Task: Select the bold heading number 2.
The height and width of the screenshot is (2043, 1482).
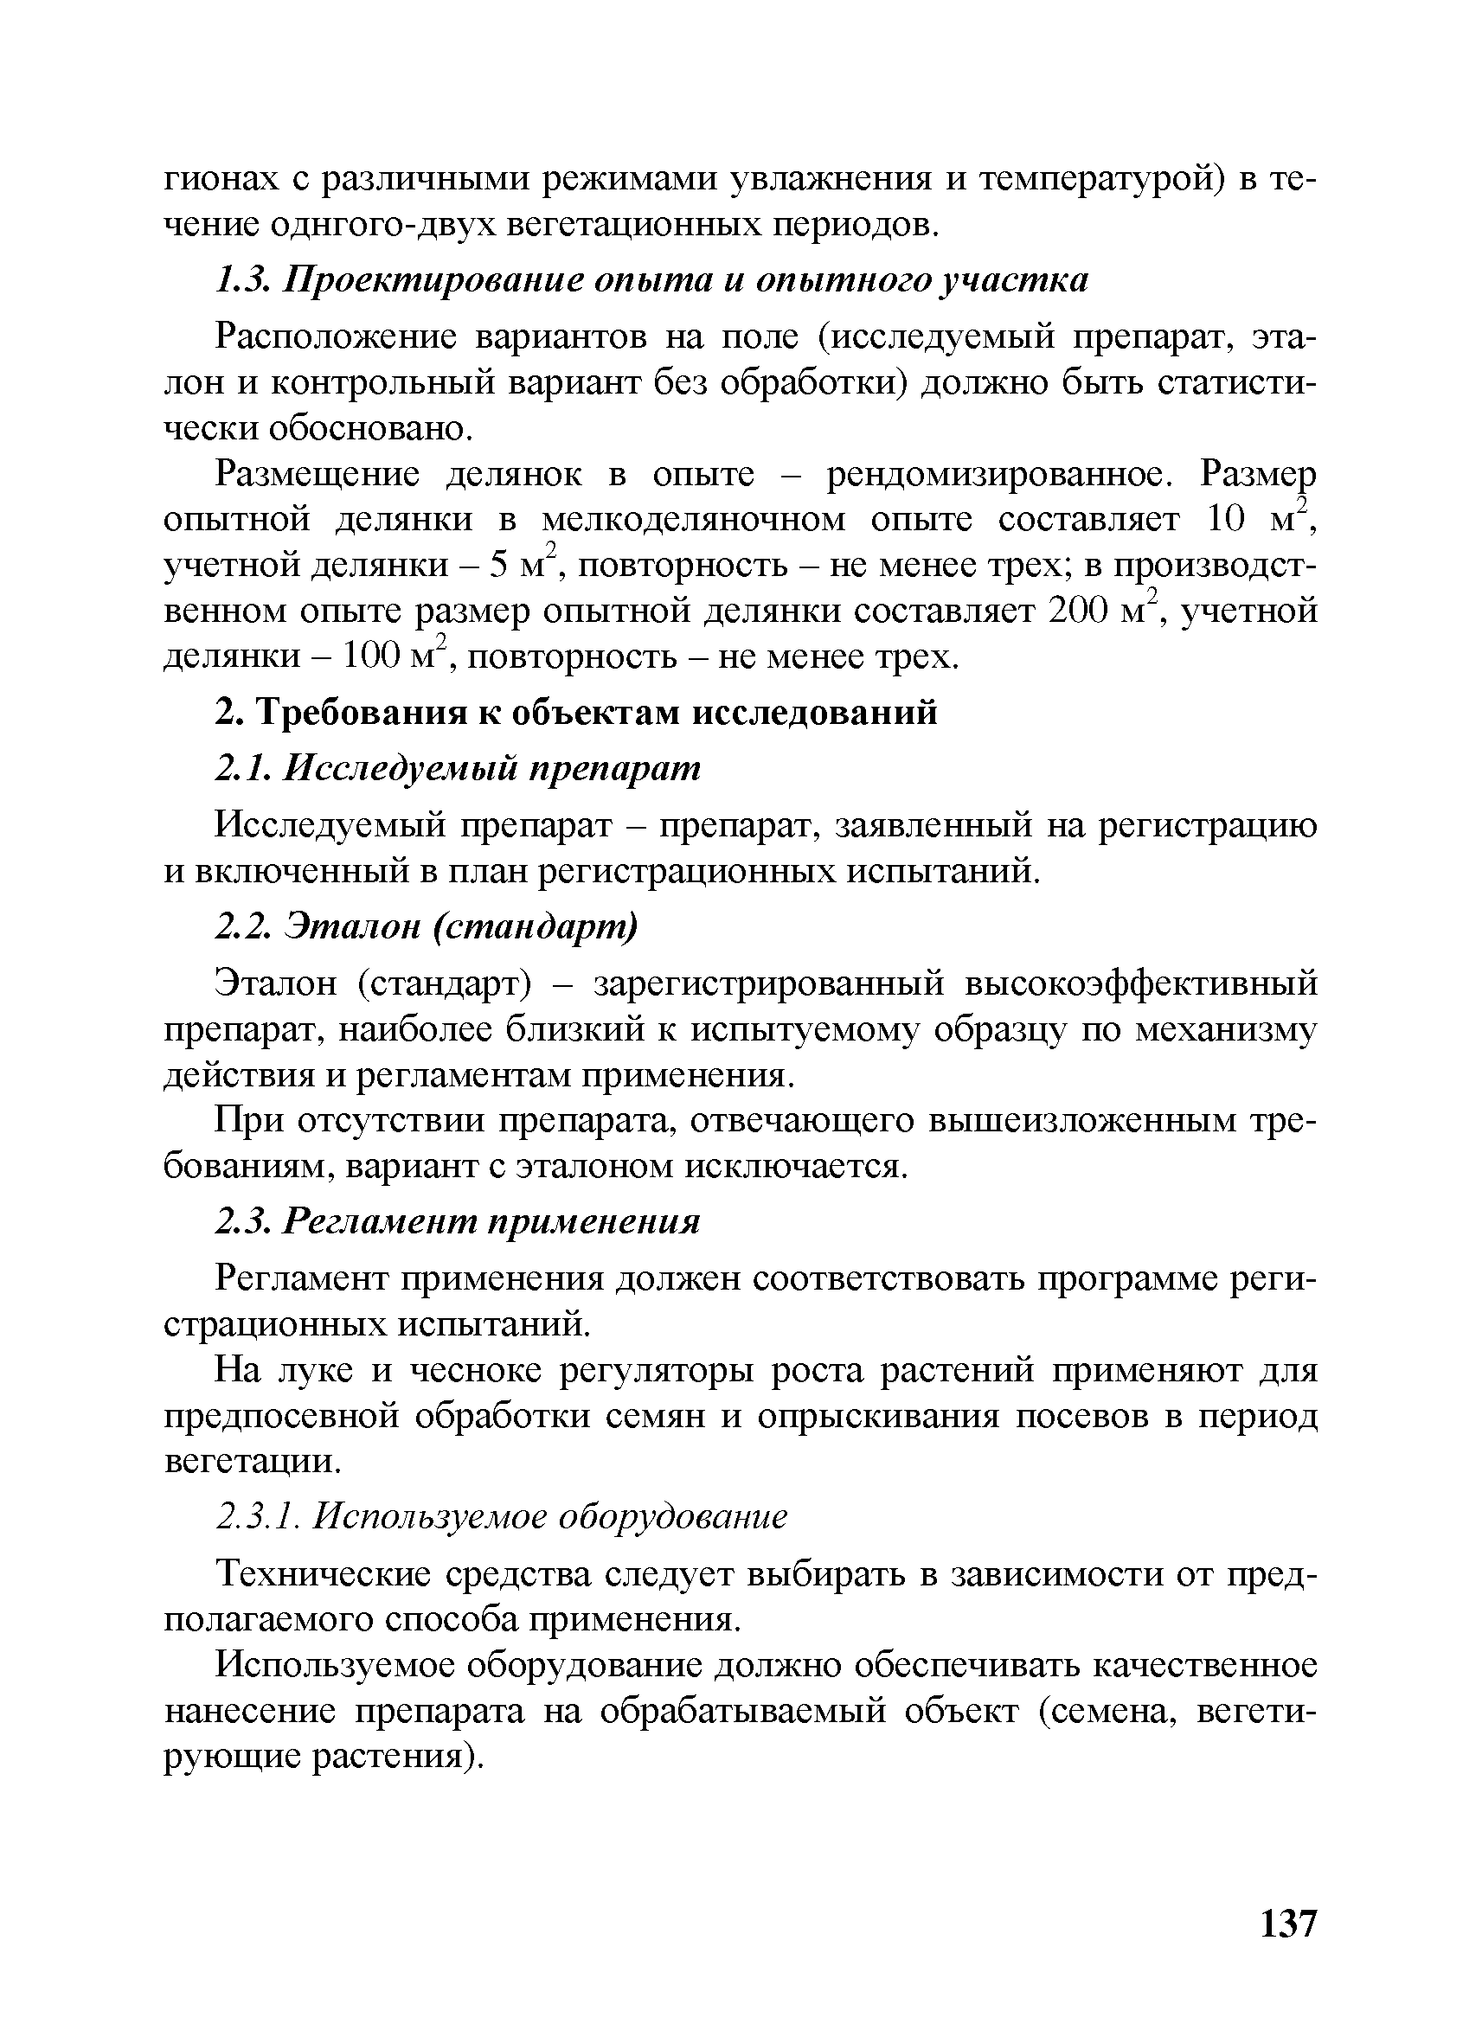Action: (227, 713)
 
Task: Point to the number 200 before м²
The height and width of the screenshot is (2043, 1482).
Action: (1076, 612)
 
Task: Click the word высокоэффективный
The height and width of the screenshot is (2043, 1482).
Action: (1140, 983)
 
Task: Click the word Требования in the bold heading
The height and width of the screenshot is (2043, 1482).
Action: (362, 713)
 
